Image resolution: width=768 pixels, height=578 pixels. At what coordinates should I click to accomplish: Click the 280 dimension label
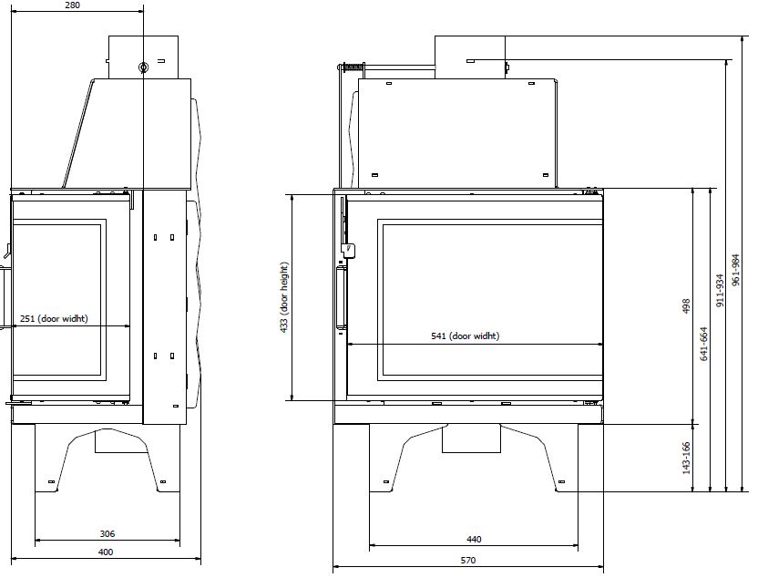(x=72, y=5)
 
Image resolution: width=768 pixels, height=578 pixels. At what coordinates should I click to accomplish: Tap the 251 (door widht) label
(x=54, y=319)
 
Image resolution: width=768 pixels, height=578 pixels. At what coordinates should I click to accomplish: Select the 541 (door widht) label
(x=466, y=335)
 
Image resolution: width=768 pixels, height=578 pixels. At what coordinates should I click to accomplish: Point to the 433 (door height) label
(x=284, y=297)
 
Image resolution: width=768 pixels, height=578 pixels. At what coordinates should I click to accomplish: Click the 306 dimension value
(x=108, y=534)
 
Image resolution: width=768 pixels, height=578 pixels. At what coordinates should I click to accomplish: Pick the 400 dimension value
(x=106, y=552)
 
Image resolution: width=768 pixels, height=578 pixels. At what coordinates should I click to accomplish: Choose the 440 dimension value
(x=474, y=540)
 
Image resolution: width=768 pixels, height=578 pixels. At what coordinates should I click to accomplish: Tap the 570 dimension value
(x=467, y=560)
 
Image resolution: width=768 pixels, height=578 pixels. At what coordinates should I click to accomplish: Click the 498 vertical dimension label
(x=686, y=306)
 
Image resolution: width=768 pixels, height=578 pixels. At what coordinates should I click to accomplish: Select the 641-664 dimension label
(x=704, y=344)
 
